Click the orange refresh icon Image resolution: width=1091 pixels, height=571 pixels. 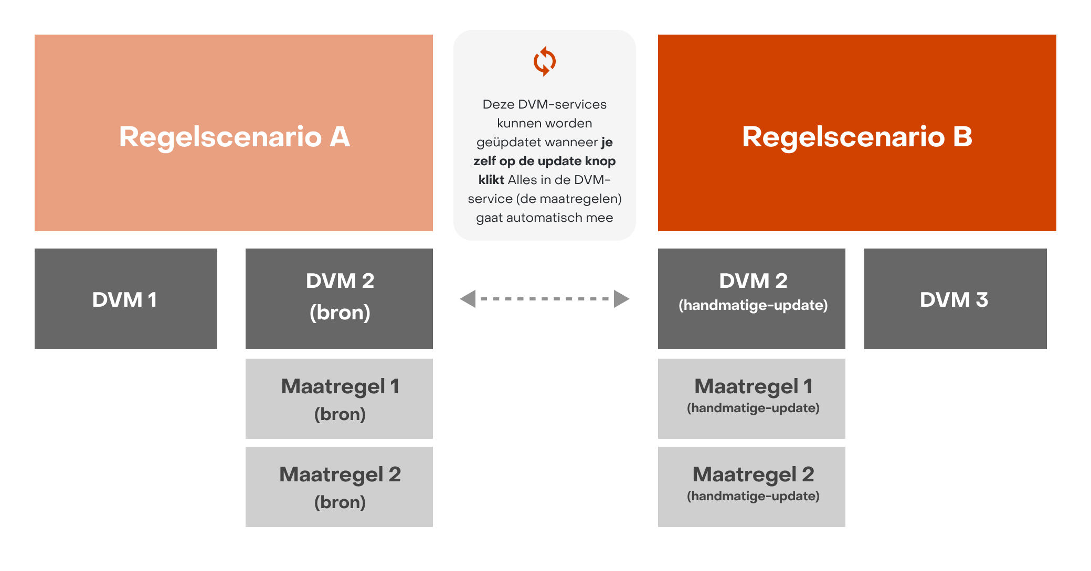pos(544,61)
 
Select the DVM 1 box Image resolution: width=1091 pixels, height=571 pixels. pos(126,299)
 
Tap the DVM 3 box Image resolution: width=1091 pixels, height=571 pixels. pos(955,299)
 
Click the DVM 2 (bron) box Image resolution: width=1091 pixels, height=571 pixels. pos(339,299)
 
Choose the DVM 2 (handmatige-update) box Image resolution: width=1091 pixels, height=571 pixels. pos(751,299)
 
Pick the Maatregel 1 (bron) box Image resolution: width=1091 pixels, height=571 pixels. pos(339,398)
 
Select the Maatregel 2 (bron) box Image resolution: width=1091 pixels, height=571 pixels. pos(339,487)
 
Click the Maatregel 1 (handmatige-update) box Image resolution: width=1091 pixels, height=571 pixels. pos(751,398)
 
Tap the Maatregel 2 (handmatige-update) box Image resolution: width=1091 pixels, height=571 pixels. pos(751,487)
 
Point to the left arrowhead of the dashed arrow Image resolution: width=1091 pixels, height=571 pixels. pos(468,299)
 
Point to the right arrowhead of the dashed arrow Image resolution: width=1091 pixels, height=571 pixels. pos(622,299)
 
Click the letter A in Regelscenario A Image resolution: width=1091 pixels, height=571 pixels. pos(340,137)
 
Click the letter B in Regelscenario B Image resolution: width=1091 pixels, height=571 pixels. pos(962,137)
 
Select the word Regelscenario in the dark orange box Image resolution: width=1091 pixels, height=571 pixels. pos(843,137)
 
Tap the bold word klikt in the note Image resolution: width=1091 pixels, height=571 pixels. pos(491,180)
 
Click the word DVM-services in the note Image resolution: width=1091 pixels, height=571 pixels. pos(562,104)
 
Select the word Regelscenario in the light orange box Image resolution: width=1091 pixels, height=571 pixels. pos(220,137)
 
